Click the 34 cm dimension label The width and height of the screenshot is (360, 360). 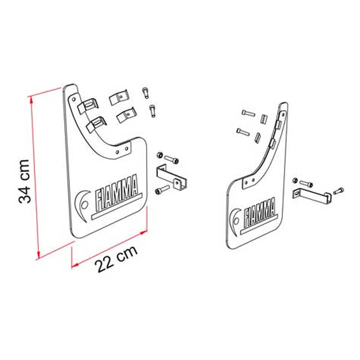point(24,181)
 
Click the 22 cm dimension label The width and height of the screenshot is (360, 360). point(116,259)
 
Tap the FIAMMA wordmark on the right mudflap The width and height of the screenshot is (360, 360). point(260,212)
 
